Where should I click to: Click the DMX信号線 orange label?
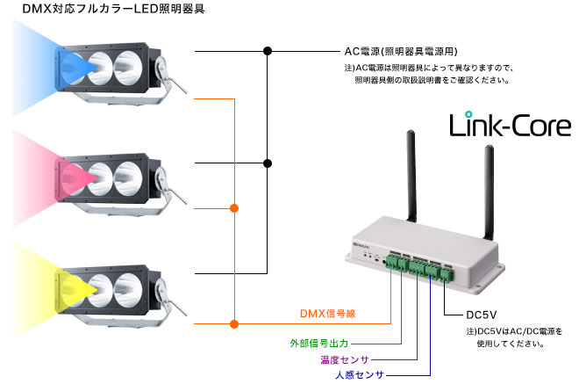click(327, 314)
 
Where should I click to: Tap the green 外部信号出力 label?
click(319, 344)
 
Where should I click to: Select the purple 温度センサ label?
click(345, 359)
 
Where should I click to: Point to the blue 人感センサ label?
click(360, 374)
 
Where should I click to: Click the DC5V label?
click(481, 315)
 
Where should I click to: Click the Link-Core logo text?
click(510, 124)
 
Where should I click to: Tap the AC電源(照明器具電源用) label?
click(401, 52)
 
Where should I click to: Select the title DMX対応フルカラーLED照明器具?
click(113, 9)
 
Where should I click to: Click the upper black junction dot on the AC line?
click(268, 51)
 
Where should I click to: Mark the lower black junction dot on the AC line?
click(268, 163)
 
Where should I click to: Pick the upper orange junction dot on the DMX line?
click(234, 208)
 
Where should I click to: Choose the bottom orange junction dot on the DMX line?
click(234, 324)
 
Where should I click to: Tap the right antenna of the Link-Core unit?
click(489, 192)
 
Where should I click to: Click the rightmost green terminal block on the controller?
click(447, 274)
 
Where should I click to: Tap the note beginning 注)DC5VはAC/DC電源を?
click(514, 337)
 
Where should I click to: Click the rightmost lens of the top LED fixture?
click(128, 68)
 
